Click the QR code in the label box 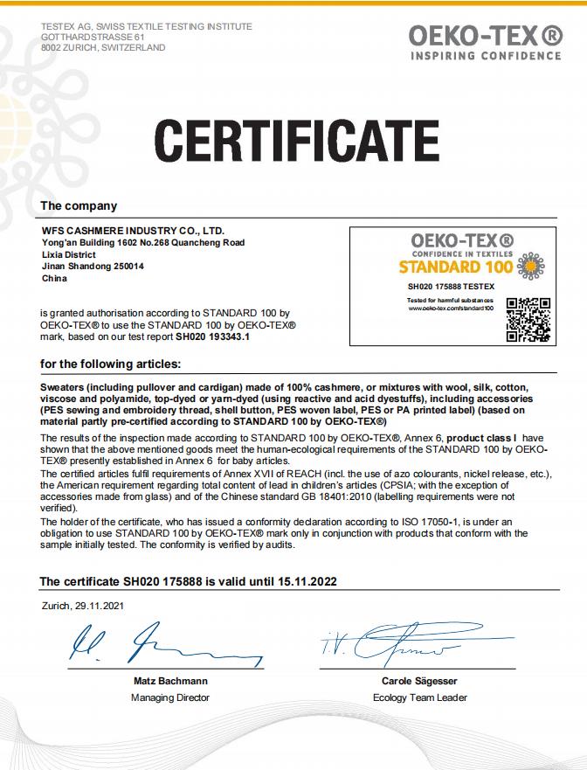click(x=528, y=320)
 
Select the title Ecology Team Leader click(x=419, y=697)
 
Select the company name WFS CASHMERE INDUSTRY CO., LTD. click(x=127, y=230)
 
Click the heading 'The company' click(x=79, y=206)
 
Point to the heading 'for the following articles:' click(x=110, y=364)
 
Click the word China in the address click(x=54, y=279)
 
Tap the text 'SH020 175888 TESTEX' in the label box click(x=451, y=286)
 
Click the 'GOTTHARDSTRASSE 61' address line click(x=93, y=38)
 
